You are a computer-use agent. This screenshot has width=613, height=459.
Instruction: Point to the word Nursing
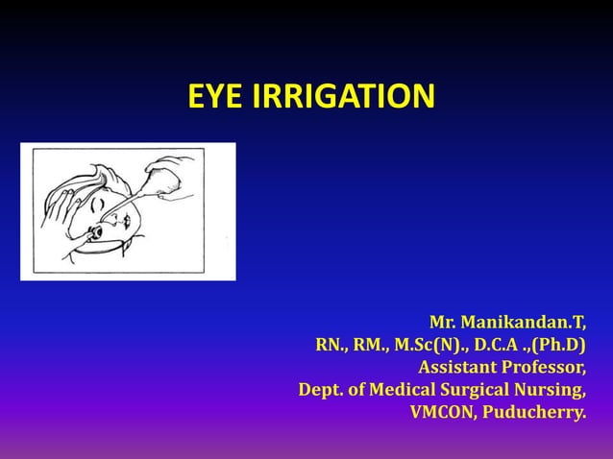(x=553, y=390)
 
